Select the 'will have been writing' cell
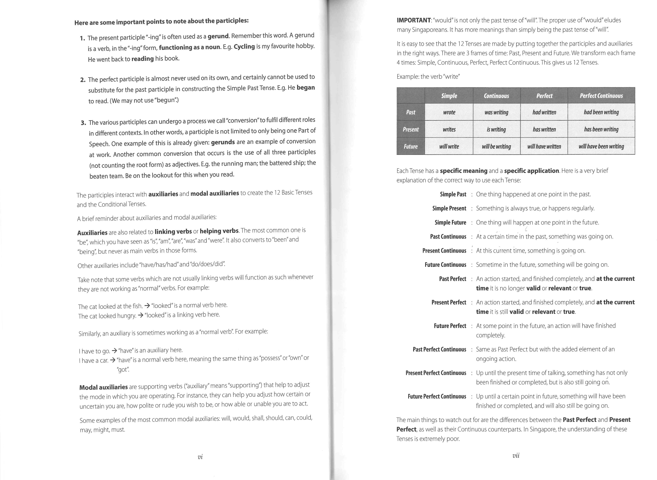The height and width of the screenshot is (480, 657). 601,146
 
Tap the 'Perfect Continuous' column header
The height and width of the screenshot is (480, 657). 601,96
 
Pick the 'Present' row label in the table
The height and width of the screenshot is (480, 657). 410,129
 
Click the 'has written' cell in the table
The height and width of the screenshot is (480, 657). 544,129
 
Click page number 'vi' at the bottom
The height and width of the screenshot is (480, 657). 200,457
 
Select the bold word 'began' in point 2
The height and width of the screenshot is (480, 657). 306,88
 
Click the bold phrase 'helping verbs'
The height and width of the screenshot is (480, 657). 219,231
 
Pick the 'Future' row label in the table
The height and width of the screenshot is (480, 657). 410,146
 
